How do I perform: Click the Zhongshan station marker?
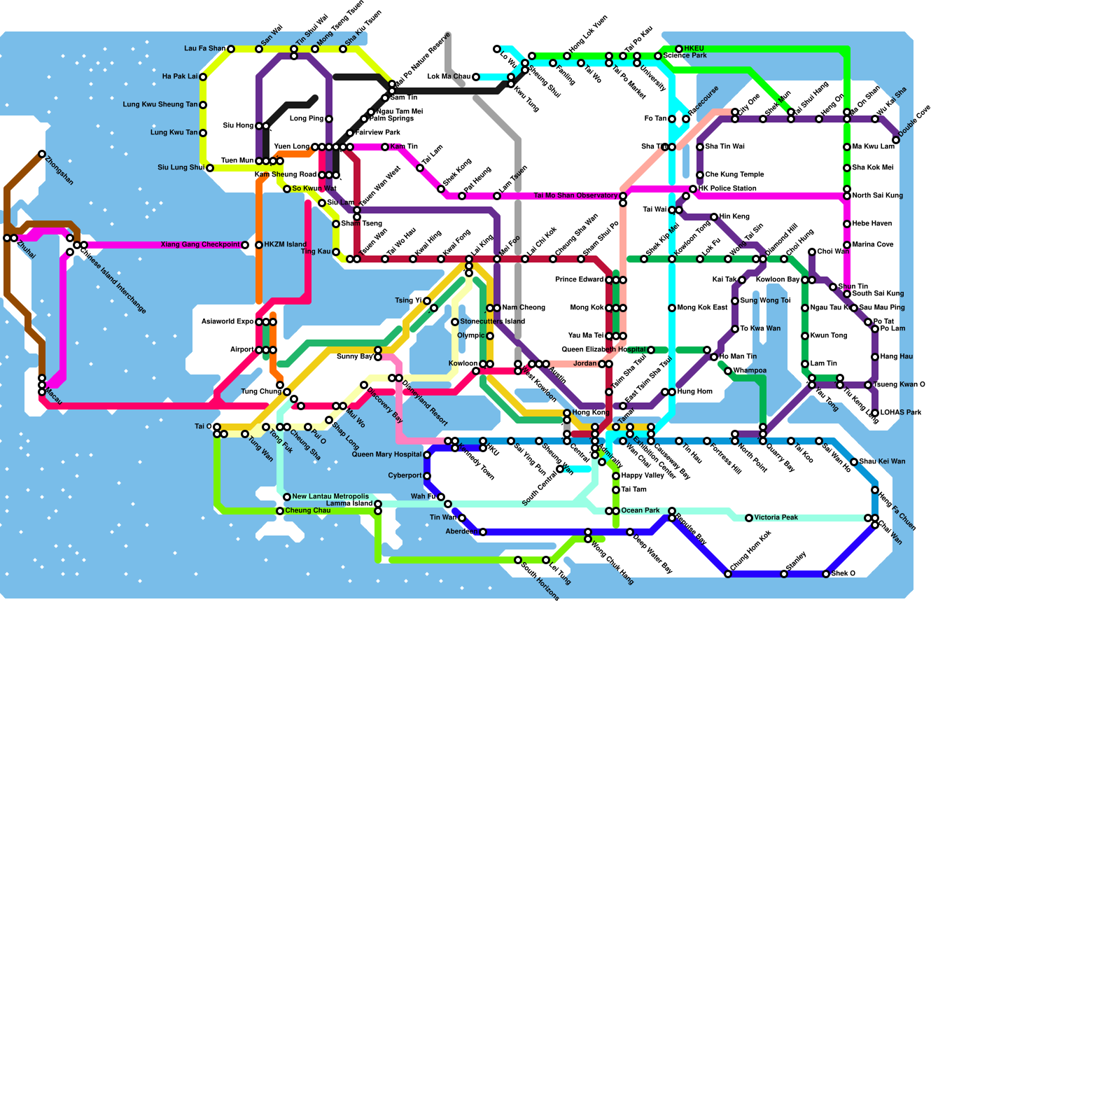[42, 154]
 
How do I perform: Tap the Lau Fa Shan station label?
[204, 49]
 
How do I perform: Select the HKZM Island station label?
[285, 245]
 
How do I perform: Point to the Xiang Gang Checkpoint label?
[200, 245]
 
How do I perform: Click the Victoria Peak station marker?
[749, 518]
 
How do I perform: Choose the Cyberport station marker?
[427, 476]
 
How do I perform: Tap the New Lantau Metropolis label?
[330, 497]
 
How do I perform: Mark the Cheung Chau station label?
[307, 511]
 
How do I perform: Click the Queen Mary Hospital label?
[386, 455]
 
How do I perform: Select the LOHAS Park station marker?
[875, 413]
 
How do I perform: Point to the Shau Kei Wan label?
[882, 462]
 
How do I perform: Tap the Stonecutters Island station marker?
[455, 322]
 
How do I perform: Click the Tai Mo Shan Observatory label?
[575, 196]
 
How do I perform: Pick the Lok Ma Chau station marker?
[476, 77]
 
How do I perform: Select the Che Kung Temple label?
[734, 175]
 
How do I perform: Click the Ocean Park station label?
[640, 511]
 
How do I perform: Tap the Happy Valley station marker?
[616, 476]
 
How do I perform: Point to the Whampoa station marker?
[728, 371]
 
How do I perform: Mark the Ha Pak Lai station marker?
[203, 77]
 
